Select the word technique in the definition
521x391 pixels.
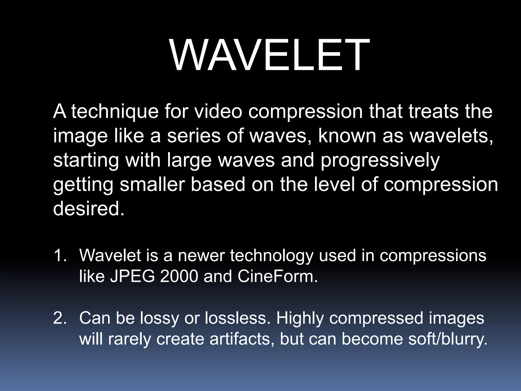point(115,112)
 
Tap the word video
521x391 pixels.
point(218,112)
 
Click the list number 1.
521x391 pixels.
point(60,255)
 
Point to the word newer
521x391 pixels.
point(201,255)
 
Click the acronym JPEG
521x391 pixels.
point(132,276)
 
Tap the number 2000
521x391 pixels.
point(179,276)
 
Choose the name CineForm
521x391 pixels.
point(278,276)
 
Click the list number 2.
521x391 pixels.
point(60,318)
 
